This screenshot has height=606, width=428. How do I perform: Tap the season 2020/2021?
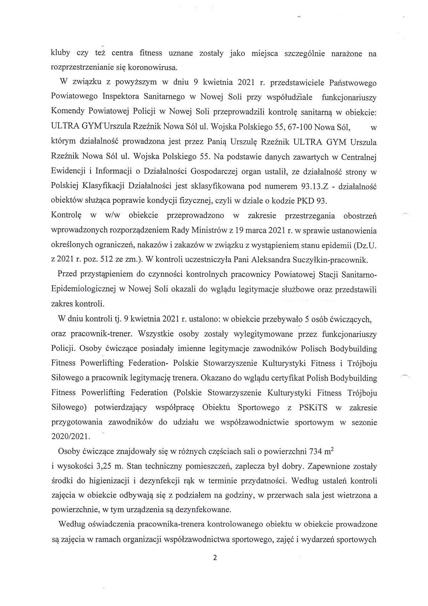click(71, 436)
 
